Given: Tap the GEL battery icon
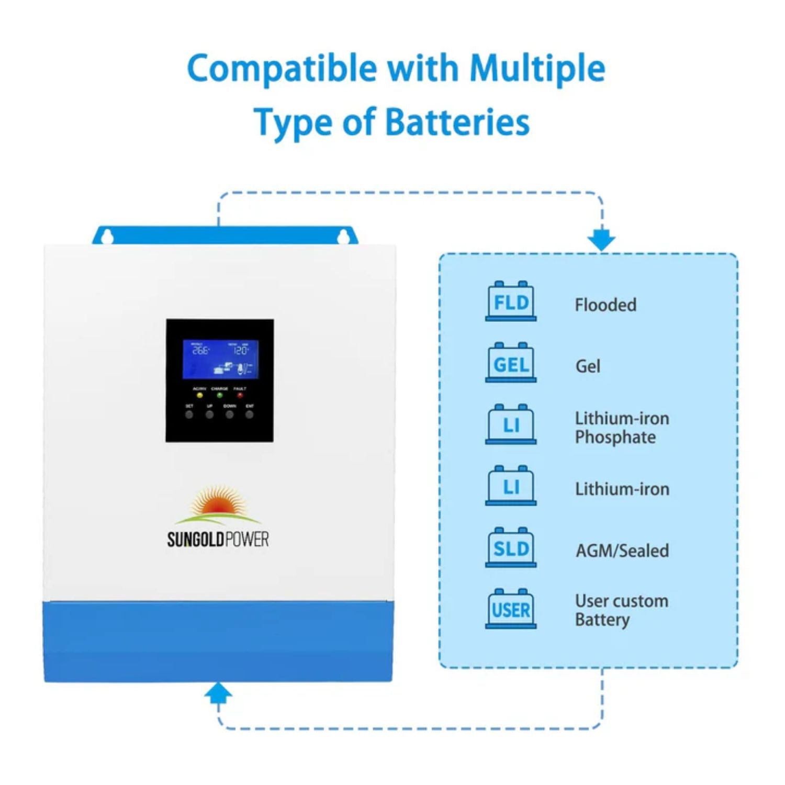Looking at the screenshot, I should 511,363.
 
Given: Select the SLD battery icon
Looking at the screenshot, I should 511,548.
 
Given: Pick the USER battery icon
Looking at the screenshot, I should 511,609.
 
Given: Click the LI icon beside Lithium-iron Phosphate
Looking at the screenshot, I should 511,425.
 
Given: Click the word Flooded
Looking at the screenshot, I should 605,305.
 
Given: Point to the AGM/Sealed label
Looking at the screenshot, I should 622,551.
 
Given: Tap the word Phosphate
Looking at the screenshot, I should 615,438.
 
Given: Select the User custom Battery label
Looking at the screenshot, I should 621,610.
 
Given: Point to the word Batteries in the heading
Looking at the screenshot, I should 457,122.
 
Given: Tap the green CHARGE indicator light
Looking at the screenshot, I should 220,396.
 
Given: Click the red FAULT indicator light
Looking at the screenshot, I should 240,396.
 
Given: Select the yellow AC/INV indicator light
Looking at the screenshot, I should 199,396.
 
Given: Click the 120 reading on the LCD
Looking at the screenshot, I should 240,350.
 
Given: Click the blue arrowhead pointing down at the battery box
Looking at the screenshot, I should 601,240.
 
